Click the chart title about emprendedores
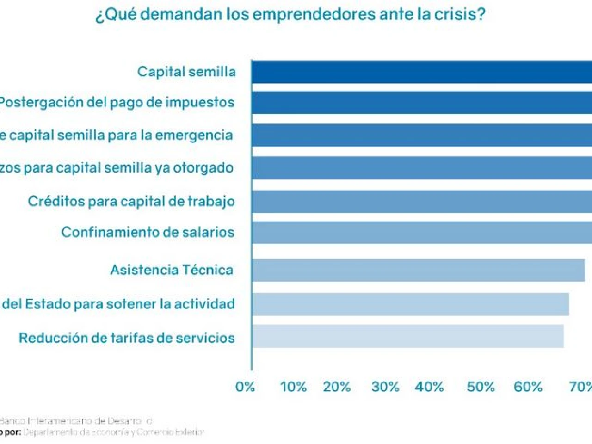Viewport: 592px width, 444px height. tap(290, 14)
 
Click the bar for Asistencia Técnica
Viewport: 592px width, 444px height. tap(418, 270)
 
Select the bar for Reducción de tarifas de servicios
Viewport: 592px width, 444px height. tap(408, 336)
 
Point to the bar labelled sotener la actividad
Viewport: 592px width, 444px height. tap(410, 304)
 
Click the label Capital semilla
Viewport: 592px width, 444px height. tap(186, 72)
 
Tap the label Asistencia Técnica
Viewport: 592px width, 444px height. tap(172, 270)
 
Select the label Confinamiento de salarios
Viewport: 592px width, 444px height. tap(148, 232)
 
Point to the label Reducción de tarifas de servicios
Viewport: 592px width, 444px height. tap(127, 338)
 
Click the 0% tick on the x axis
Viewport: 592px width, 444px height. tap(245, 387)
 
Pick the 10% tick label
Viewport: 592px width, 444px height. tap(293, 387)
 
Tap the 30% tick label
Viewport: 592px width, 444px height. tap(385, 387)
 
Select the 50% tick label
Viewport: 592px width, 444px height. tap(481, 387)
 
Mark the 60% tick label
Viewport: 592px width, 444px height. tap(528, 387)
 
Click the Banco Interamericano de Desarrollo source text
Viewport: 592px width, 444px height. tap(75, 421)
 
